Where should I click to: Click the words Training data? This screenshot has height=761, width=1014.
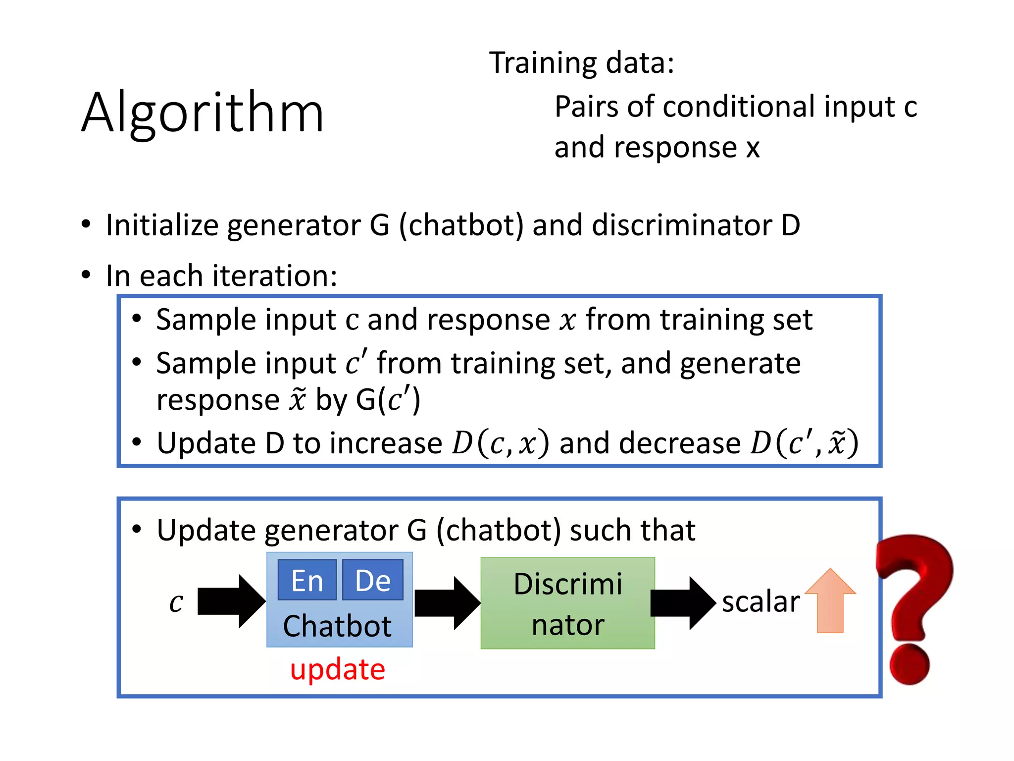[x=581, y=63]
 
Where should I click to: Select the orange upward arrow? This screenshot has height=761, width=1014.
[x=830, y=600]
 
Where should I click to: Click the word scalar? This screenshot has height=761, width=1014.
[x=760, y=602]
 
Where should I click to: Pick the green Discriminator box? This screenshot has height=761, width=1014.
[x=567, y=603]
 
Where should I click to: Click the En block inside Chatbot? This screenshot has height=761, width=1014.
[x=307, y=580]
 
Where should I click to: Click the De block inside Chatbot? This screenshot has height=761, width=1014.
[x=373, y=580]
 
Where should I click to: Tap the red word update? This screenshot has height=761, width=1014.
[x=337, y=669]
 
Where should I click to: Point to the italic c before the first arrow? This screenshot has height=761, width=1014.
[x=176, y=602]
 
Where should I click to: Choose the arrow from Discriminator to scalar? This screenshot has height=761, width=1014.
[x=682, y=603]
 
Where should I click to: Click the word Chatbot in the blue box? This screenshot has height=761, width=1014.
[x=337, y=626]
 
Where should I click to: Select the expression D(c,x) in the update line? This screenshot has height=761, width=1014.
[x=500, y=443]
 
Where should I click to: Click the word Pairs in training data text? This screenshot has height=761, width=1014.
[x=586, y=107]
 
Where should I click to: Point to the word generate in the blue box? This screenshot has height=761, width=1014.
[x=740, y=363]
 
